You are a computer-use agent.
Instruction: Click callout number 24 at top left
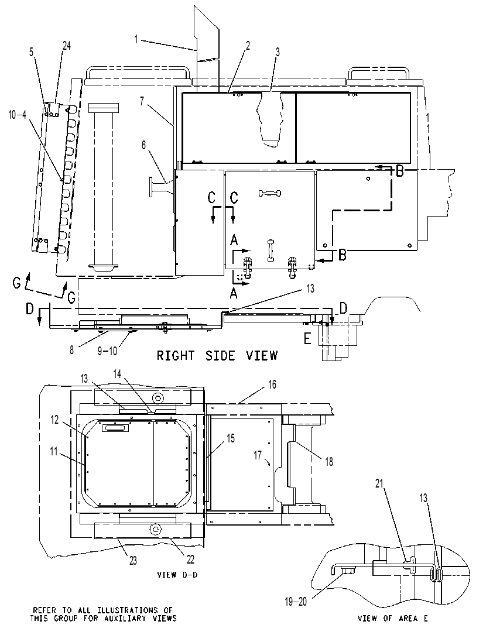point(66,46)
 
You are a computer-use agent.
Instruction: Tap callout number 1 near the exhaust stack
point(136,39)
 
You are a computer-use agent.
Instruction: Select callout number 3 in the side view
point(278,52)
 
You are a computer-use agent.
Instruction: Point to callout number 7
point(142,101)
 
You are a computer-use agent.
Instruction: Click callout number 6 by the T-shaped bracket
point(144,145)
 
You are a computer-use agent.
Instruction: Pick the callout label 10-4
point(18,115)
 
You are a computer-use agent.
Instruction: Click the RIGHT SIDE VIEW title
point(217,356)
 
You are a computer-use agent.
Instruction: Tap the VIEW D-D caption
point(177,575)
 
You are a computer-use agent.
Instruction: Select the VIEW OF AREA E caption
point(392,619)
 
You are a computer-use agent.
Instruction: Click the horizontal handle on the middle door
point(269,193)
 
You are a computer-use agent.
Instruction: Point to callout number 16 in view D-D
point(272,385)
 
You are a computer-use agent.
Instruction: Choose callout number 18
point(329,462)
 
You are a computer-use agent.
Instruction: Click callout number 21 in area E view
point(379,483)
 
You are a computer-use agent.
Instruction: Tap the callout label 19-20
point(296,602)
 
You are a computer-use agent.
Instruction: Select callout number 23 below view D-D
point(133,561)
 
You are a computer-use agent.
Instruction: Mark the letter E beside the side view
point(307,338)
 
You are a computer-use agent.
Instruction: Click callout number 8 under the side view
point(71,350)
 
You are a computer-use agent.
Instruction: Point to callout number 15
point(231,438)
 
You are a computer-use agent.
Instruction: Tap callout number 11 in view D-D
point(54,451)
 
